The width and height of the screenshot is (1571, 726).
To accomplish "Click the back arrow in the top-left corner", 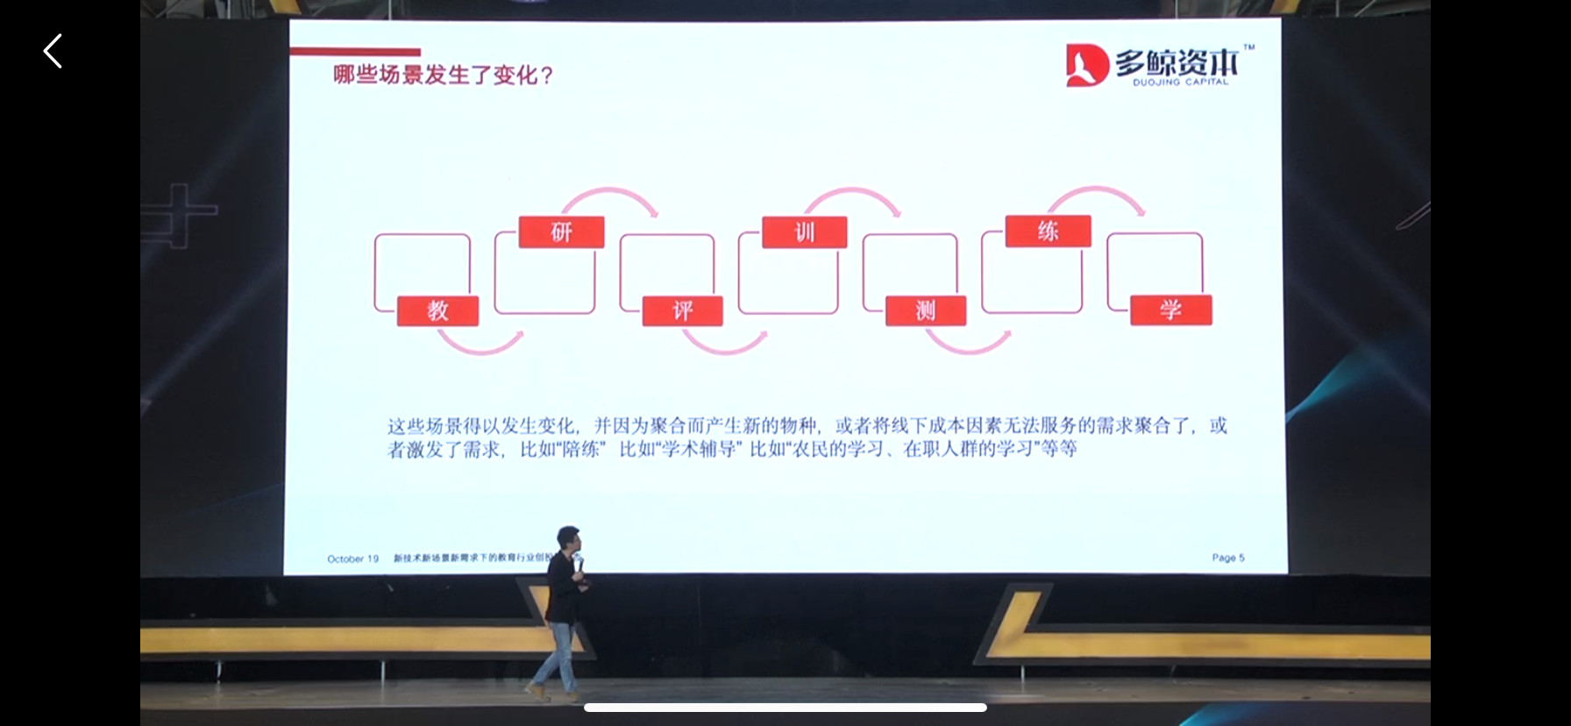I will pyautogui.click(x=53, y=52).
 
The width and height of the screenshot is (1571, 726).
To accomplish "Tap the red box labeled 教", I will pyautogui.click(x=437, y=310).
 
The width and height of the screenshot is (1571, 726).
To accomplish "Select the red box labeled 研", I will pyautogui.click(x=561, y=232).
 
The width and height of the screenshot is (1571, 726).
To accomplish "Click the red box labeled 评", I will pyautogui.click(x=682, y=310).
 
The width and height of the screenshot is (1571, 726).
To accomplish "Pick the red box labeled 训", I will pyautogui.click(x=804, y=232).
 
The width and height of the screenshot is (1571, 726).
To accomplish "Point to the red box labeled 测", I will pyautogui.click(x=926, y=310).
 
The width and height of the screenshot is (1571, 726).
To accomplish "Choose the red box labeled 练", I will pyautogui.click(x=1048, y=231).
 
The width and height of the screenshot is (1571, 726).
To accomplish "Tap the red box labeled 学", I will pyautogui.click(x=1170, y=310).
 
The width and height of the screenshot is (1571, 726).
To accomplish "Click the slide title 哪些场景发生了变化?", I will pyautogui.click(x=443, y=75).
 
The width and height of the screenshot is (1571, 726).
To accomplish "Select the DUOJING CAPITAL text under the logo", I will pyautogui.click(x=1180, y=82).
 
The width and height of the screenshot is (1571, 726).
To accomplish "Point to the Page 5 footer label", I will pyautogui.click(x=1227, y=558).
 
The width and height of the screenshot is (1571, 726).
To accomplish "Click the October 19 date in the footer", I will pyautogui.click(x=352, y=559).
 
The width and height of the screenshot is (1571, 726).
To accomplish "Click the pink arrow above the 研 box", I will pyautogui.click(x=610, y=195).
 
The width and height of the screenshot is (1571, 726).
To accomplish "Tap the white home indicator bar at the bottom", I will pyautogui.click(x=785, y=708).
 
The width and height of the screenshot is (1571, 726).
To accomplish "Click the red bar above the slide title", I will pyautogui.click(x=355, y=52).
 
